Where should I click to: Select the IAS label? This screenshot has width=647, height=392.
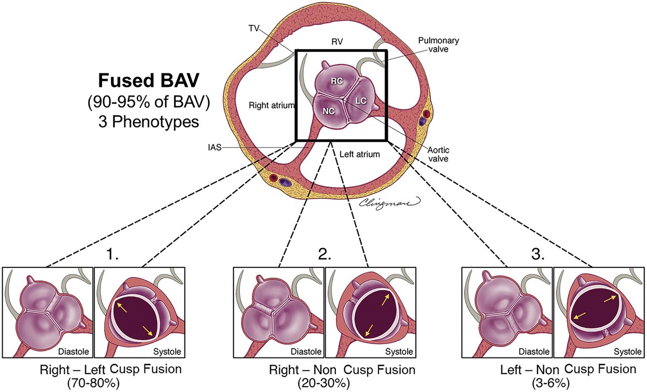pos(214,147)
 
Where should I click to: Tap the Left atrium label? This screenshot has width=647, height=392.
pos(360,154)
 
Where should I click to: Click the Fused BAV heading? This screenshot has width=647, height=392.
pos(142,82)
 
